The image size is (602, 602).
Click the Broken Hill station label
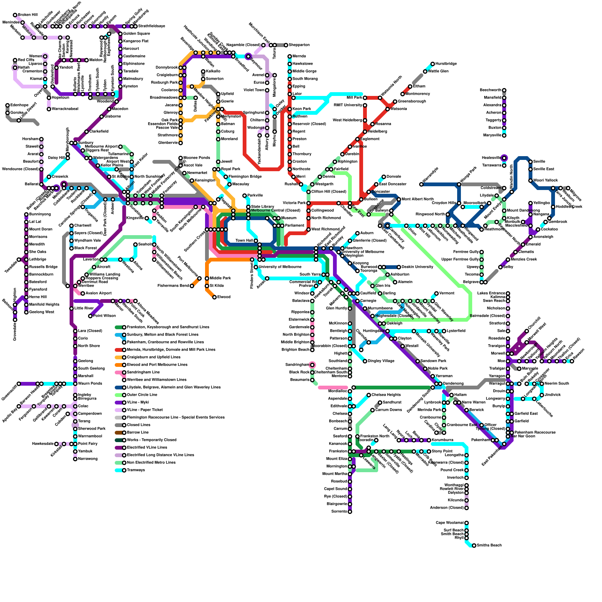(x=28, y=15)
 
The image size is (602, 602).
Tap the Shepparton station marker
(x=286, y=45)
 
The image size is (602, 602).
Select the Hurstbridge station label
(x=446, y=64)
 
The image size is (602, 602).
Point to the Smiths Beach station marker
(x=467, y=534)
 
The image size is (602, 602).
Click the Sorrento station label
(x=339, y=512)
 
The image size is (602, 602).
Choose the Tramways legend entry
(x=136, y=470)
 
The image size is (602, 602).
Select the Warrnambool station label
(x=90, y=436)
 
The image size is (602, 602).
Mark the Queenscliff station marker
(x=19, y=384)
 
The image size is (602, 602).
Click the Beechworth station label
(x=491, y=90)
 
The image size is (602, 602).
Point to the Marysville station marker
(x=504, y=135)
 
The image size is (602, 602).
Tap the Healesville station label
(x=491, y=158)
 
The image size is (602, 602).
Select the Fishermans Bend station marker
(x=192, y=286)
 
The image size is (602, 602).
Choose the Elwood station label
(x=224, y=297)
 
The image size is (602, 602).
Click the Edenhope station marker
(x=8, y=105)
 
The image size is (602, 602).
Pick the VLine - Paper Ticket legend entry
(x=145, y=410)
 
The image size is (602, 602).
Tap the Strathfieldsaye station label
(x=152, y=26)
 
